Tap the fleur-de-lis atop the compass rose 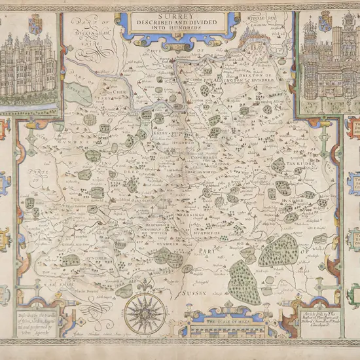pos(146,294)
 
